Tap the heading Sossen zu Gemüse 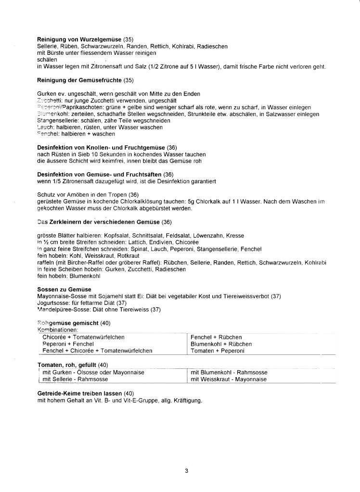(x=64, y=289)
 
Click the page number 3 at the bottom (x=186, y=471)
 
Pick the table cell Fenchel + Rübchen (x=216, y=338)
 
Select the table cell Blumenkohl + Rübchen (x=221, y=344)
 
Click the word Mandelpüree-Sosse (x=60, y=310)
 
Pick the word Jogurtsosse (x=53, y=303)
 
